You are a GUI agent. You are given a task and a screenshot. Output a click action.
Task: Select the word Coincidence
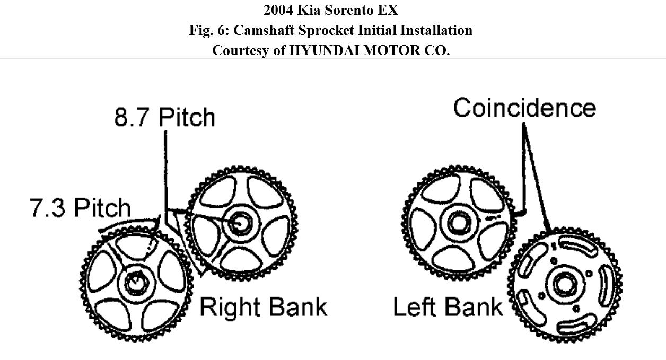[524, 108]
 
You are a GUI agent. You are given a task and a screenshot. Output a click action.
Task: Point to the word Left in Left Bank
[416, 308]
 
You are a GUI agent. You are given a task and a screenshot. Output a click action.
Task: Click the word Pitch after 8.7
[187, 117]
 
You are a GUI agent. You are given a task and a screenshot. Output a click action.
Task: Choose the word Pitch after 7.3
[102, 207]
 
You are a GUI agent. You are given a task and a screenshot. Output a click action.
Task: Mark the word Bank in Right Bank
[297, 308]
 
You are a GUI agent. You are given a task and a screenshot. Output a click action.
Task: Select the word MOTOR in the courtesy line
[383, 50]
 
